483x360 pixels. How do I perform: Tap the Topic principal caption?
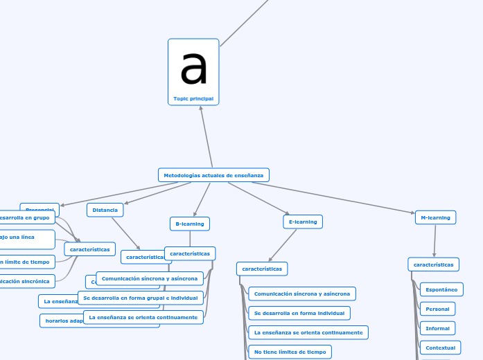point(193,99)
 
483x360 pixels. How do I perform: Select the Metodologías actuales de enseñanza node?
point(213,175)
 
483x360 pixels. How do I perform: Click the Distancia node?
point(105,210)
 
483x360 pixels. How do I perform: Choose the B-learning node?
point(189,224)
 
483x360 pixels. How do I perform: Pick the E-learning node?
point(303,222)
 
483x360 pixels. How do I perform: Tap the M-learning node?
point(435,217)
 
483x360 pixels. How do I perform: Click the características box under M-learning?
point(433,264)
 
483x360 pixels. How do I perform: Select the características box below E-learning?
point(262,268)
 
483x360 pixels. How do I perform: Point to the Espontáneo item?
point(441,289)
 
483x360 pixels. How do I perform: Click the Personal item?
point(437,309)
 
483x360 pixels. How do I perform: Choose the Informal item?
point(437,328)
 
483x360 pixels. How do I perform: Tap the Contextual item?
point(440,348)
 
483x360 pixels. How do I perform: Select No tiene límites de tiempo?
point(290,352)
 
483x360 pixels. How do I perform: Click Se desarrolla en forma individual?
point(299,313)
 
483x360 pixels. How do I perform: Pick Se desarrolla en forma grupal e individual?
point(141,298)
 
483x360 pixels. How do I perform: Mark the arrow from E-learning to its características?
point(283,244)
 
